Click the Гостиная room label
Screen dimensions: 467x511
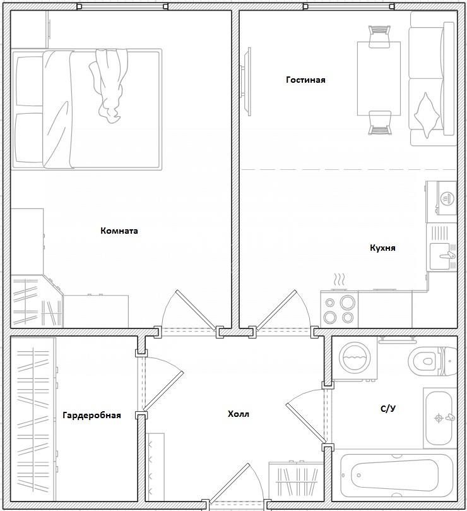[x=305, y=80]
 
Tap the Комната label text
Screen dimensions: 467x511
[x=119, y=231]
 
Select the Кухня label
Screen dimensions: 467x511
[x=382, y=248]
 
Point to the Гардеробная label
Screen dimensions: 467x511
[x=92, y=415]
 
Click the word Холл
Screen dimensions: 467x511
[x=239, y=414]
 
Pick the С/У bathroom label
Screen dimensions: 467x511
[x=388, y=408]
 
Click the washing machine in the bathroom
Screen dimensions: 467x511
[x=355, y=358]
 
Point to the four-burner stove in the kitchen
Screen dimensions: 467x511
[x=339, y=309]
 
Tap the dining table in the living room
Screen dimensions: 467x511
[x=379, y=78]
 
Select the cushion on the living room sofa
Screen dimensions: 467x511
[x=426, y=115]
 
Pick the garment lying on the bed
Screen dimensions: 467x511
[x=108, y=87]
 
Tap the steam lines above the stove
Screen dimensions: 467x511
[x=339, y=280]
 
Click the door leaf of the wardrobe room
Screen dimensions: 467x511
[x=163, y=390]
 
